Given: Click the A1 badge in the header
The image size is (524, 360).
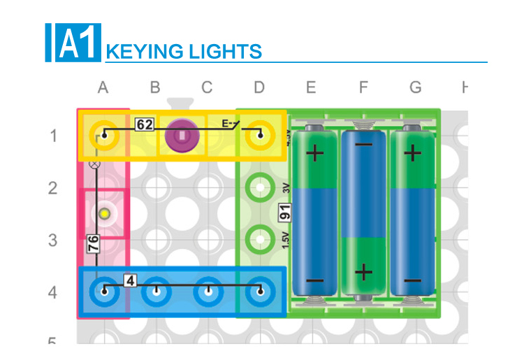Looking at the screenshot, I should pos(78,43).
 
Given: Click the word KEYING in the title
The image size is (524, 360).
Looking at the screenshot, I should pos(143,52).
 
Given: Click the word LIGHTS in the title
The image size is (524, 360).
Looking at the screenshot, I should pos(224,52).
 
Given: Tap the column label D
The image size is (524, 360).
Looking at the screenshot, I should pos(259,87).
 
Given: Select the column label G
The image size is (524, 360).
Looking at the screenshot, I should pos(416,87).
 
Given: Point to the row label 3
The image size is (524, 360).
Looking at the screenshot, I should pos(52,240).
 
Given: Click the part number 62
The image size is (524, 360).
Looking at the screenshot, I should pos(145,125).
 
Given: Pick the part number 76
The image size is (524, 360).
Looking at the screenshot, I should pos(93,243).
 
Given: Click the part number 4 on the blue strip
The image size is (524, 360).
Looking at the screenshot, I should pos(130,280).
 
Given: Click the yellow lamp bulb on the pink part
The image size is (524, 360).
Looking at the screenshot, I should pos(104,213).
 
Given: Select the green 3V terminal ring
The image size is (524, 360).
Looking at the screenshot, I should pos(260,187).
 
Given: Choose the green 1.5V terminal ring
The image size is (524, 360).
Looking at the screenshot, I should pos(260,239).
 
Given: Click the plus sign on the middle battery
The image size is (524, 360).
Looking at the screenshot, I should pos(363,271).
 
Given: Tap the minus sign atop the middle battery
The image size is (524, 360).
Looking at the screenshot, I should pos(363,145).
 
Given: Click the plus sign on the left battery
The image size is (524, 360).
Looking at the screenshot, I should pos(314,153).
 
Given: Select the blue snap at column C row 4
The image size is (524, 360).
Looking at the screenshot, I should pos(208,291).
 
